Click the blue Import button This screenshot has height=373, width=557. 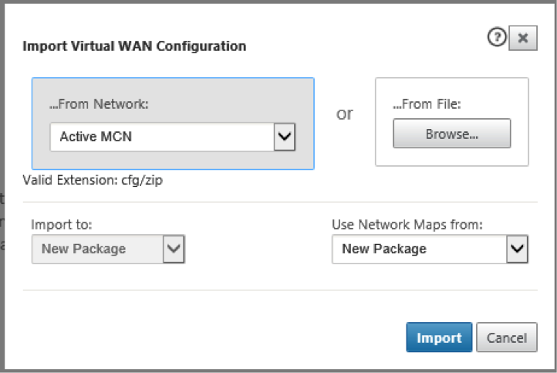click(x=439, y=337)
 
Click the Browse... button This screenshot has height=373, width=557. click(x=452, y=134)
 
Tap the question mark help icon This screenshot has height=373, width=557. click(x=497, y=37)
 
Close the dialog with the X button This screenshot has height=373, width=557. click(x=523, y=38)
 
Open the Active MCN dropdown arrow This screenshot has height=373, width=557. click(x=285, y=137)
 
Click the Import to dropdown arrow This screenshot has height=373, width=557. click(x=174, y=249)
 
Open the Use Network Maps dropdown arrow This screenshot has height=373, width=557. click(x=517, y=249)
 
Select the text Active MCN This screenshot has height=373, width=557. click(x=96, y=137)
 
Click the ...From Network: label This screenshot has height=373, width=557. click(x=99, y=104)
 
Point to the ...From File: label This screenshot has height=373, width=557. click(x=427, y=104)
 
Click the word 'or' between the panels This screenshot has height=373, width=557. click(x=345, y=114)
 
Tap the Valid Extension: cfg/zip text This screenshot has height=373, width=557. click(x=93, y=180)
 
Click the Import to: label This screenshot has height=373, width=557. click(x=62, y=225)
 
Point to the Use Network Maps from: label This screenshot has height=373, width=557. click(x=407, y=225)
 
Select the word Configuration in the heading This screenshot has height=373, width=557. click(x=201, y=46)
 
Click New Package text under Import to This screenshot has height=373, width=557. click(x=84, y=249)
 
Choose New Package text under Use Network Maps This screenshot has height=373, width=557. click(x=384, y=249)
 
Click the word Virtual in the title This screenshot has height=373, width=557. click(x=93, y=46)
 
